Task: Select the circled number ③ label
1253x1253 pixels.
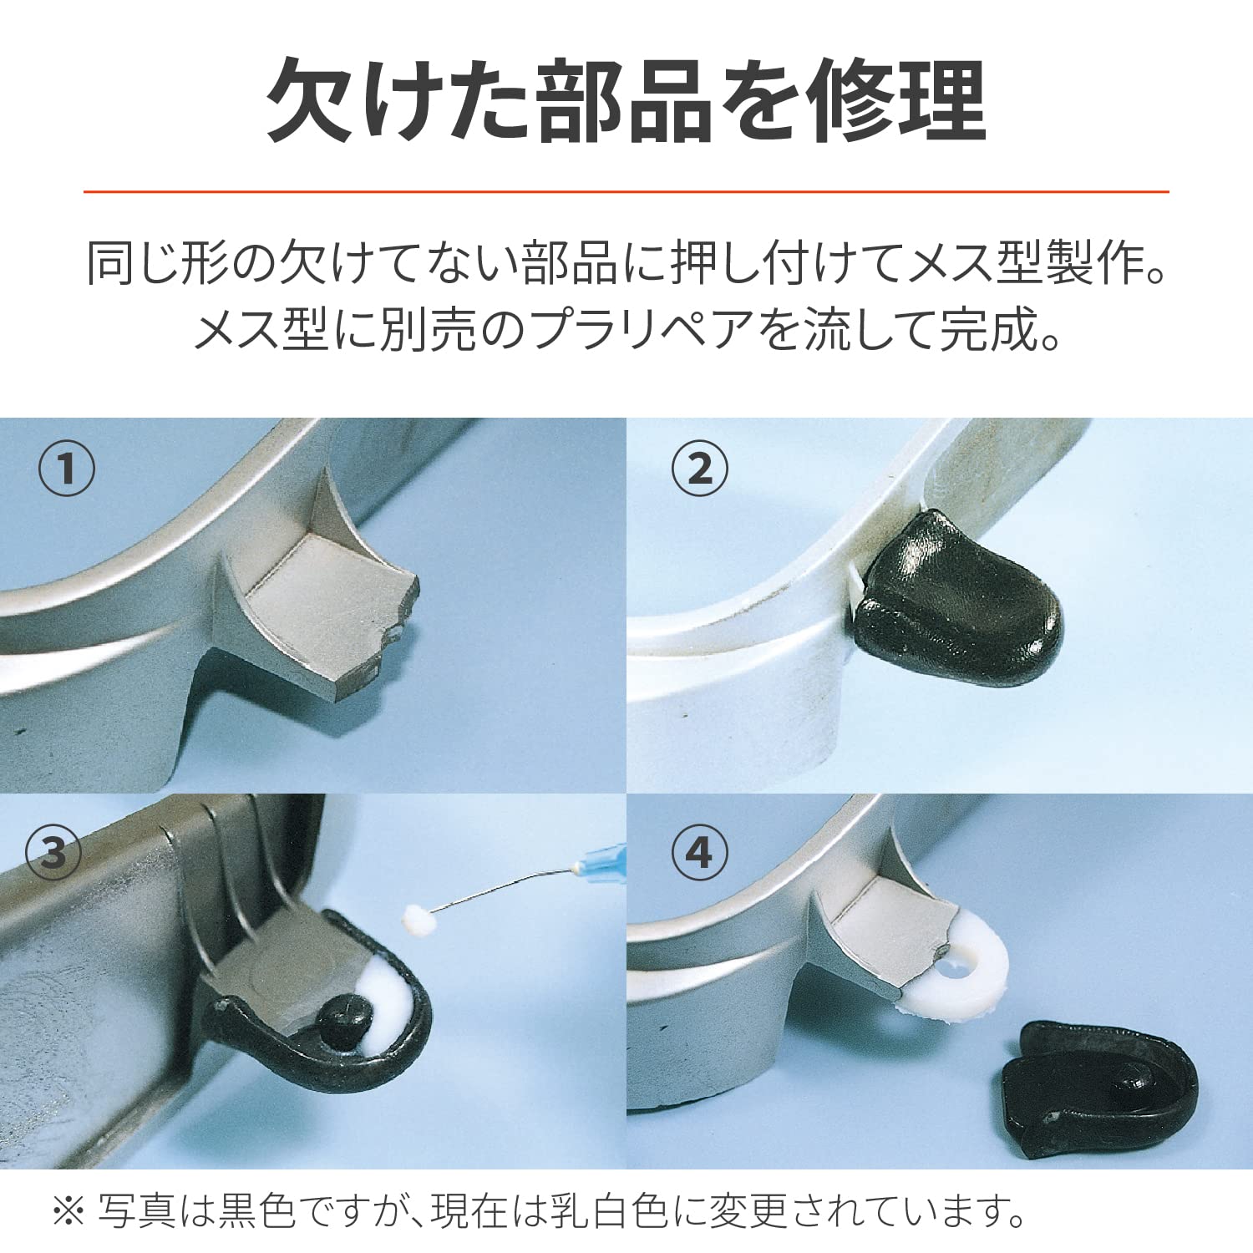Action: click(x=53, y=853)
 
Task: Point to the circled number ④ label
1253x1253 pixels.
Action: click(x=700, y=853)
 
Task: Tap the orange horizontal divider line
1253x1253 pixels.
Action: click(x=626, y=192)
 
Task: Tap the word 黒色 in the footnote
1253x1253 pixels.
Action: click(x=256, y=1211)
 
